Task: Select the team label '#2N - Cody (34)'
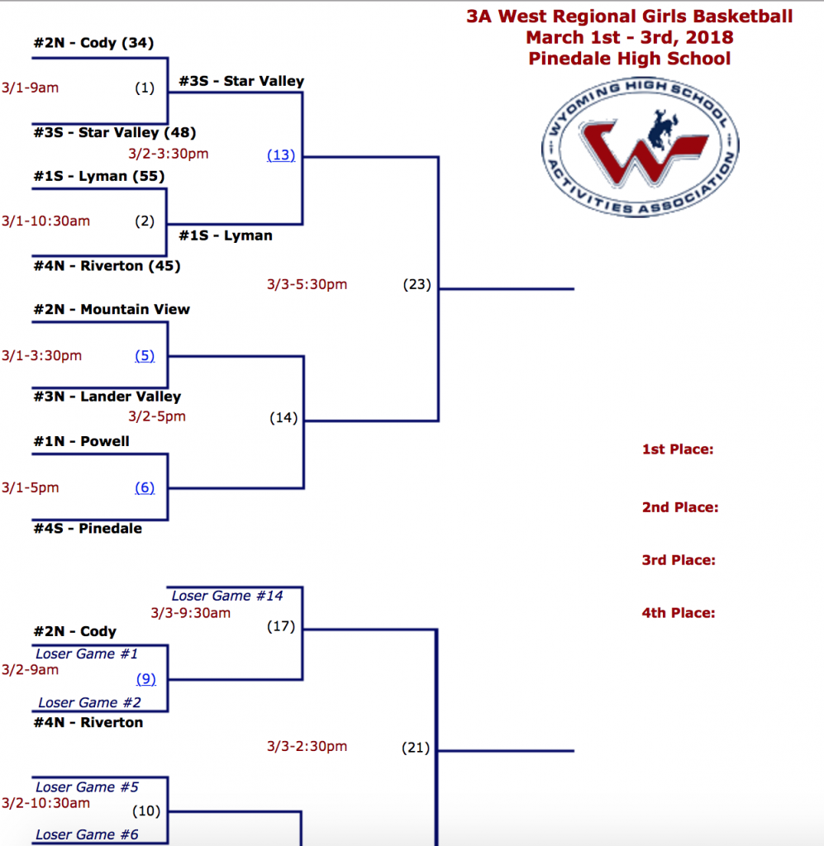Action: point(93,43)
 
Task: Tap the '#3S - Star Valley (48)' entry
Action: point(115,132)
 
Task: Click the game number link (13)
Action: point(281,155)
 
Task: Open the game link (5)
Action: point(145,356)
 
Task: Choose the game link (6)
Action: point(145,487)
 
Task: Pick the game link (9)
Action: point(145,679)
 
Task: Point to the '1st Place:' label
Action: point(678,449)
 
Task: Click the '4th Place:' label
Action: point(679,613)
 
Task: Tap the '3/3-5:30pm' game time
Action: point(307,285)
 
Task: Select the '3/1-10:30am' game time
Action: point(45,221)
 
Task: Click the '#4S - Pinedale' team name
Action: point(88,529)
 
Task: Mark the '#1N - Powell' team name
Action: point(82,441)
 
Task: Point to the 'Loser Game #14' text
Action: point(227,596)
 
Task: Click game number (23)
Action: point(417,285)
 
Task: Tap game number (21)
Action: point(416,748)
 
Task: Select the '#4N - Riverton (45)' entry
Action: point(107,266)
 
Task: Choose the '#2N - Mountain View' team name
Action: point(112,309)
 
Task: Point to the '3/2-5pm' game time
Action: point(157,416)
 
